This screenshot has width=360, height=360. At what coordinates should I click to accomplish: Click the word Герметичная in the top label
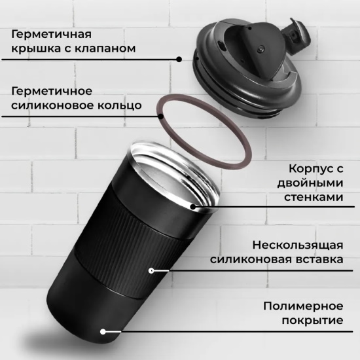51,35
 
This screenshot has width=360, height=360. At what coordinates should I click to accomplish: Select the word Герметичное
52,92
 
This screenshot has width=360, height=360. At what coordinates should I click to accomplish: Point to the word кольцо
120,106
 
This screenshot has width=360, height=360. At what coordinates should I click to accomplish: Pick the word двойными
310,184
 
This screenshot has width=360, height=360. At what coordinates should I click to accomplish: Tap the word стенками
314,197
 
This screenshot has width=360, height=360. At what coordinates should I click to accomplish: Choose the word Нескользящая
298,245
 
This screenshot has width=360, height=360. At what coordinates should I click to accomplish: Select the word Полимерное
303,306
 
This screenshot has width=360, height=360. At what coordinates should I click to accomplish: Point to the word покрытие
312,321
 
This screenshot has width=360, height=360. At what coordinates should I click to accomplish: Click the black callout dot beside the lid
179,60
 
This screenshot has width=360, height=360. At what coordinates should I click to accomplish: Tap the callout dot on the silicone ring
162,117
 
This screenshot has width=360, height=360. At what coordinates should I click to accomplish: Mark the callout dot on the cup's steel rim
193,207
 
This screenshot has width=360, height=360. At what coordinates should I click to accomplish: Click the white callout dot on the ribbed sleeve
151,271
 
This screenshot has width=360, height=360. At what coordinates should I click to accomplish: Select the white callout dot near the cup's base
103,332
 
